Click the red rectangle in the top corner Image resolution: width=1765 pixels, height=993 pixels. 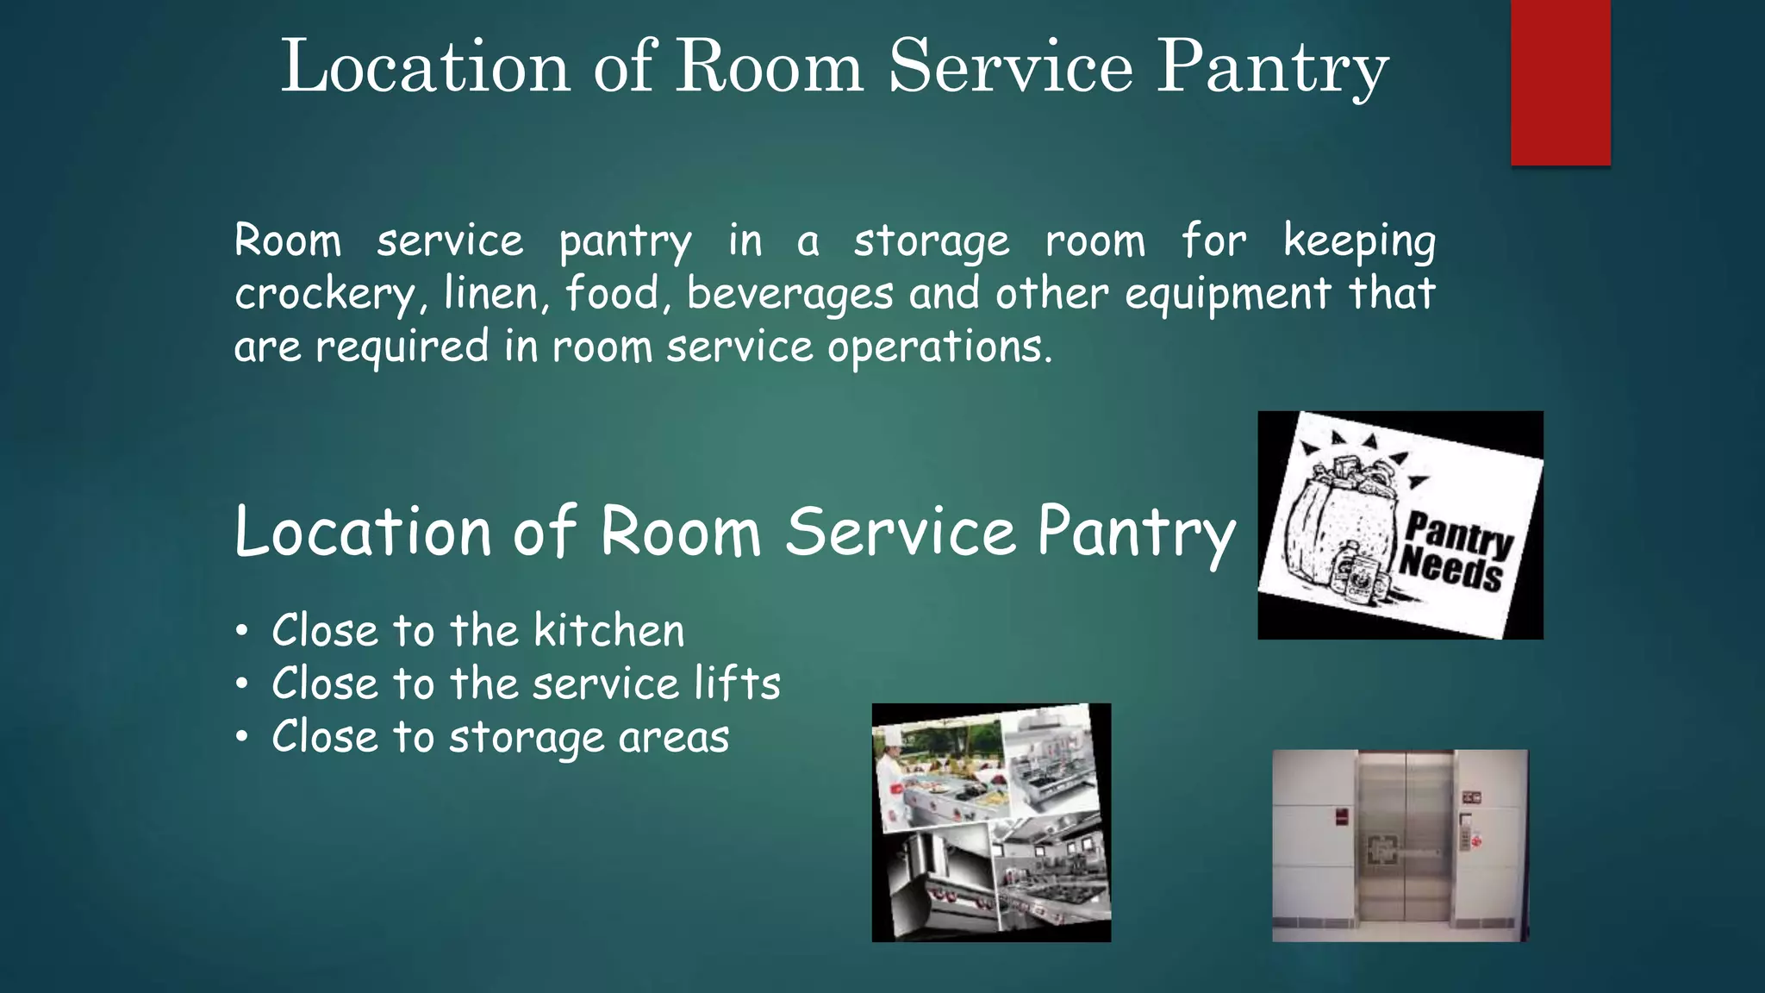(1560, 82)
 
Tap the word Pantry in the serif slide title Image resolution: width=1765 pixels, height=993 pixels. (1272, 69)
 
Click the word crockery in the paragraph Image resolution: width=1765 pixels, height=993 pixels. (326, 295)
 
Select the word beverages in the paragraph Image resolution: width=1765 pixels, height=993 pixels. (789, 295)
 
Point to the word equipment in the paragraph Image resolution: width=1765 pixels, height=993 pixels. (1227, 295)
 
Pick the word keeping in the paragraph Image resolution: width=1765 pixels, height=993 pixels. (1359, 242)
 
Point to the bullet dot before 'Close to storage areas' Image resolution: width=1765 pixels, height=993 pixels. (243, 737)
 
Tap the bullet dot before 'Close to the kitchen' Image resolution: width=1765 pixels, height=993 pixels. (243, 631)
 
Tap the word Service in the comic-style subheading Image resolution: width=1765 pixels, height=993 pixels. (901, 532)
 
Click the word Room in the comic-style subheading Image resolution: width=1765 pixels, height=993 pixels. (680, 532)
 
